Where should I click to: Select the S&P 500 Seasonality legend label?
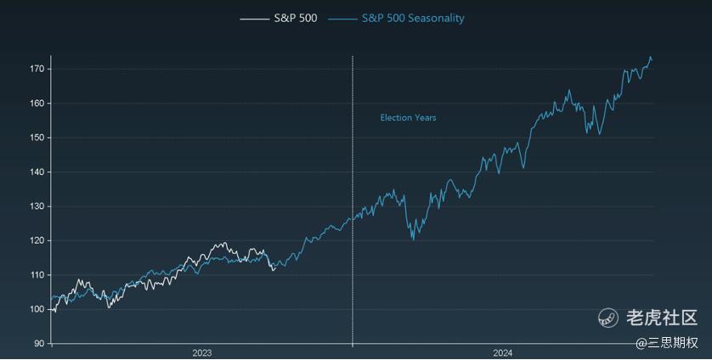coord(413,18)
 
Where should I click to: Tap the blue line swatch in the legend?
coord(343,18)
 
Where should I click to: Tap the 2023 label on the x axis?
coord(202,352)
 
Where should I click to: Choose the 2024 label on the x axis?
coord(503,352)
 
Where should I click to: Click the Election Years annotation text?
coord(408,118)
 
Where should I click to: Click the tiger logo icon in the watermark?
coord(608,318)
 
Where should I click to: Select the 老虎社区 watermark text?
coord(662,318)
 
